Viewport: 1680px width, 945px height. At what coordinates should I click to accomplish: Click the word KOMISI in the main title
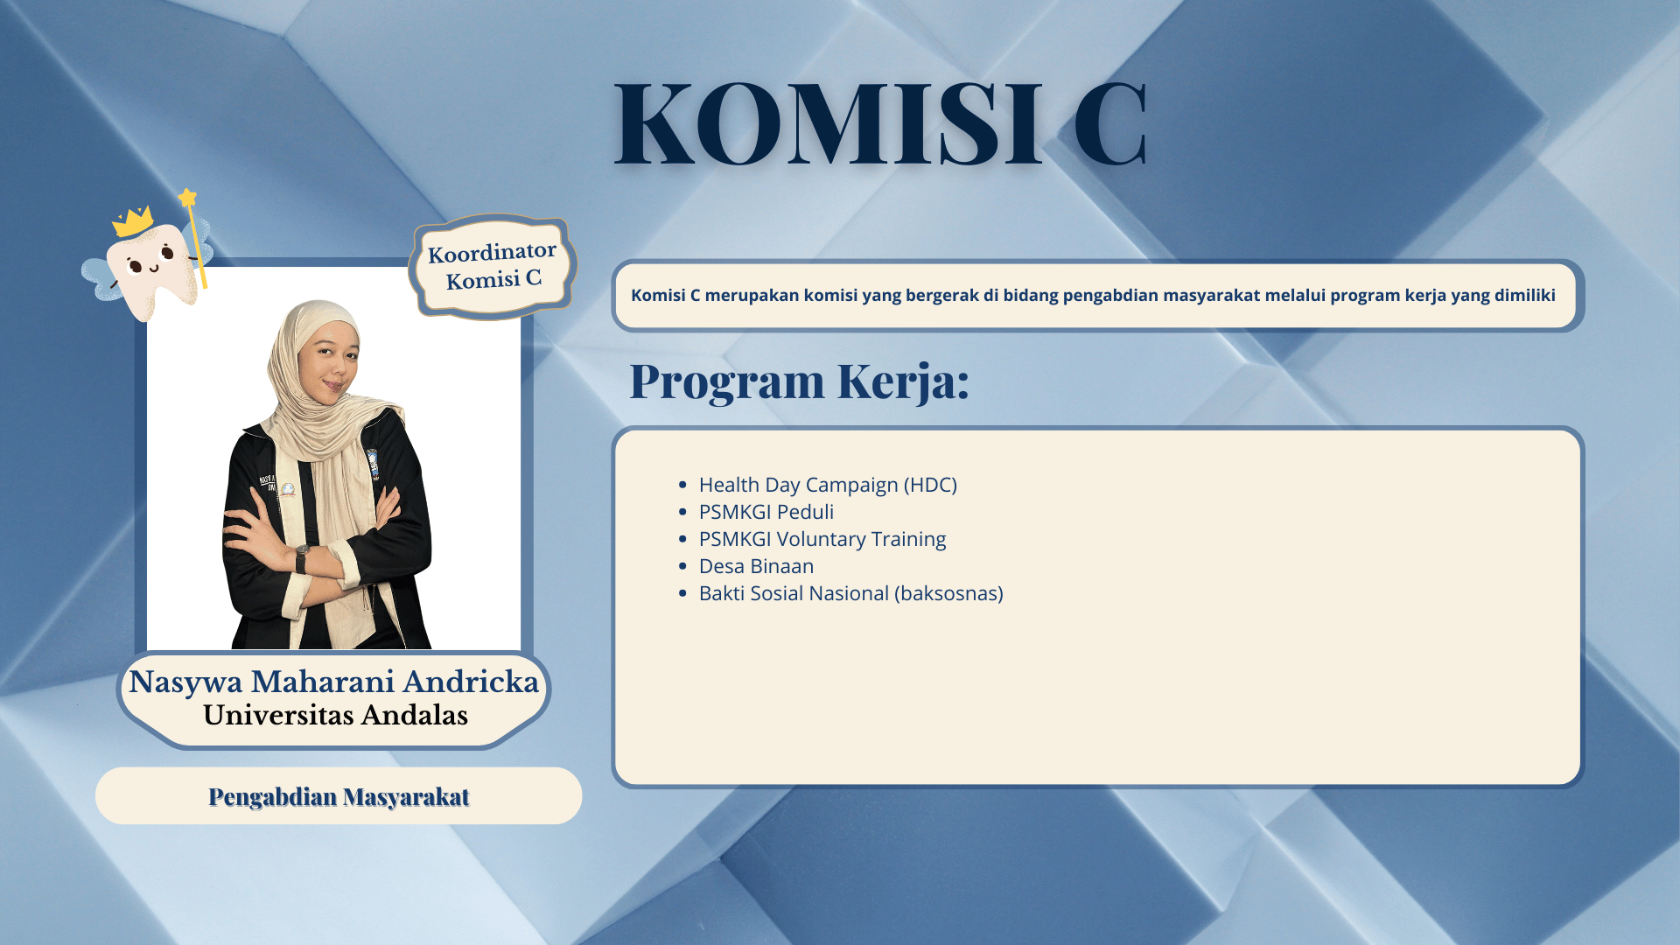tap(828, 123)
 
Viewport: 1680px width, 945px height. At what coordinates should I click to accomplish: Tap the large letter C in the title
tap(1109, 123)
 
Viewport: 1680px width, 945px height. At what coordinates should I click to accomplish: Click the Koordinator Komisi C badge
tap(492, 266)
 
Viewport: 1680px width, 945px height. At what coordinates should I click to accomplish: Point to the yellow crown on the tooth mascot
tap(133, 221)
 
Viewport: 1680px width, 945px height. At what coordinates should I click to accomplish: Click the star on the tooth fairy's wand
tap(187, 198)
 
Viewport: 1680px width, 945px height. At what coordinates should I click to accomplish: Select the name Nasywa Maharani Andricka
tap(333, 682)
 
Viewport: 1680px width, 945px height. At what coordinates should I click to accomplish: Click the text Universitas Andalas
tap(335, 715)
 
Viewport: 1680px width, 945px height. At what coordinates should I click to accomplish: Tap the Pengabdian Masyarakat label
tap(339, 796)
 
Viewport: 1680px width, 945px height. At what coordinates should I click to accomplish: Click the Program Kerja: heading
tap(799, 381)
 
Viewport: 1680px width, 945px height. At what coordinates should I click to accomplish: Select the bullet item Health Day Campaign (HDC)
tap(828, 485)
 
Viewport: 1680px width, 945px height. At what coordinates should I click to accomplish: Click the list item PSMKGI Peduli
tap(766, 512)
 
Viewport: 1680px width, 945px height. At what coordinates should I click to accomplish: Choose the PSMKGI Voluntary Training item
tap(822, 539)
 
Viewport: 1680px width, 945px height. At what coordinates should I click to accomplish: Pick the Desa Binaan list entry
tap(756, 566)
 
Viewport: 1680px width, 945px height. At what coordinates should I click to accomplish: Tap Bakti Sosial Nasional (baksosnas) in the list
tap(850, 593)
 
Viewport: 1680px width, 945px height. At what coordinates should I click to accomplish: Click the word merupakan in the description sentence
tap(752, 296)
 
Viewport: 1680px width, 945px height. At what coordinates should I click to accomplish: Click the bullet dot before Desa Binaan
tap(682, 566)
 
